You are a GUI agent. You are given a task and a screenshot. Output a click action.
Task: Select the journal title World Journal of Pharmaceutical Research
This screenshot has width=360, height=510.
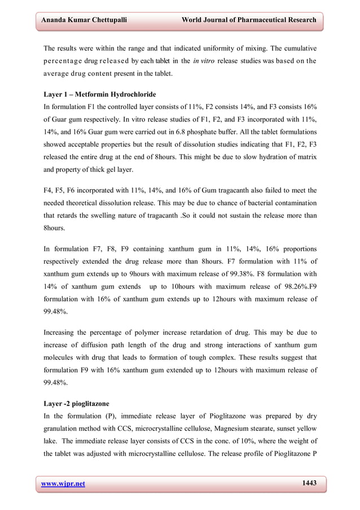pyautogui.click(x=249, y=20)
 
